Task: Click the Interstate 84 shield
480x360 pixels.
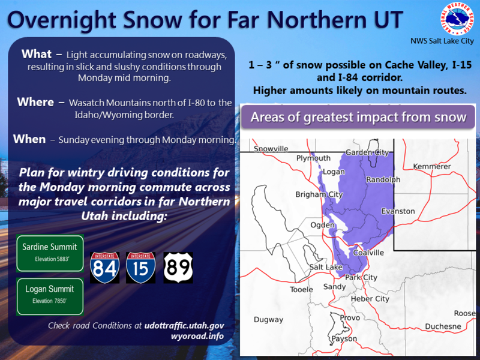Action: click(x=104, y=268)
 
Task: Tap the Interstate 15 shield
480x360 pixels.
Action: click(x=140, y=268)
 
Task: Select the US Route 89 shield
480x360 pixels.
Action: click(x=178, y=268)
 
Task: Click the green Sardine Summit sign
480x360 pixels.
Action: click(x=50, y=253)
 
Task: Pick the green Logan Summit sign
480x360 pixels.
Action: click(x=50, y=296)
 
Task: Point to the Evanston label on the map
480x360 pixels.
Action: click(x=398, y=211)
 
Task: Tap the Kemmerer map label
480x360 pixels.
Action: click(x=432, y=166)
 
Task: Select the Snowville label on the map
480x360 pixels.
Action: click(x=271, y=149)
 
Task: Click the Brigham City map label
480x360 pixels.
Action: click(x=319, y=194)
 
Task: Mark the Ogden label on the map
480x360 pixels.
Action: click(x=322, y=225)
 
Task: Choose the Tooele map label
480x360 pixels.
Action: click(x=302, y=289)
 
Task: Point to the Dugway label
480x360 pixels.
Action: click(x=268, y=320)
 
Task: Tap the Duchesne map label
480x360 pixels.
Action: click(x=443, y=326)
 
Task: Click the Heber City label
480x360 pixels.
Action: click(x=370, y=299)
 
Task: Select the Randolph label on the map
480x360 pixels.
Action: click(x=383, y=179)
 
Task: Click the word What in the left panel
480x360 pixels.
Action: click(x=37, y=54)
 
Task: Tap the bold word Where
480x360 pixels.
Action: click(x=35, y=102)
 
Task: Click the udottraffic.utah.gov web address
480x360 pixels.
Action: click(x=184, y=325)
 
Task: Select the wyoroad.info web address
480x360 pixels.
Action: click(x=197, y=336)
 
